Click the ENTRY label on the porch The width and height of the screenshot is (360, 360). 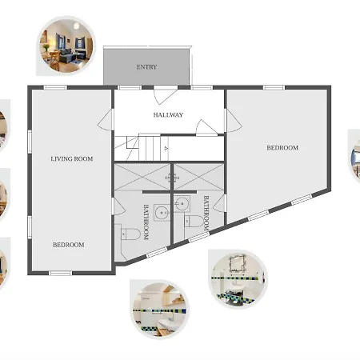[146, 67]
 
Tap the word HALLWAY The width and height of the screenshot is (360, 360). [168, 115]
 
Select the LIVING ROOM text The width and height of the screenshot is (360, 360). [72, 159]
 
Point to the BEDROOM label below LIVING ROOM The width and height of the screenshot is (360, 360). [69, 245]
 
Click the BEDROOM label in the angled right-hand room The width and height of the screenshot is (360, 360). [282, 148]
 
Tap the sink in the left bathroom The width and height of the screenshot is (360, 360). [162, 213]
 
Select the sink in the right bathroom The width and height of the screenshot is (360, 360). [182, 204]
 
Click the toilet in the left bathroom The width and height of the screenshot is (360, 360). [130, 234]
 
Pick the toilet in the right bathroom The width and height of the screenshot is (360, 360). [194, 221]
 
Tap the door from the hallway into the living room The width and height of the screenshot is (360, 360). [106, 120]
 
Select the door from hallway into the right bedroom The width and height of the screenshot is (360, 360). [234, 121]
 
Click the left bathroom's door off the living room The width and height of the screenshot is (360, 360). [119, 206]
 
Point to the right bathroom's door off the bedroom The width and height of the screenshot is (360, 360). [220, 203]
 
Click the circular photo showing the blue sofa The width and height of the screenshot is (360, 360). [66, 46]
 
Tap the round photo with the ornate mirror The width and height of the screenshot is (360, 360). [238, 279]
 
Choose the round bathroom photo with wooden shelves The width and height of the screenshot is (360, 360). [160, 310]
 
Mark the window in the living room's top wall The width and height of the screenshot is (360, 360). [55, 87]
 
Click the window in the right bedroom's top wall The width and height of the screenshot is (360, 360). [274, 87]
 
